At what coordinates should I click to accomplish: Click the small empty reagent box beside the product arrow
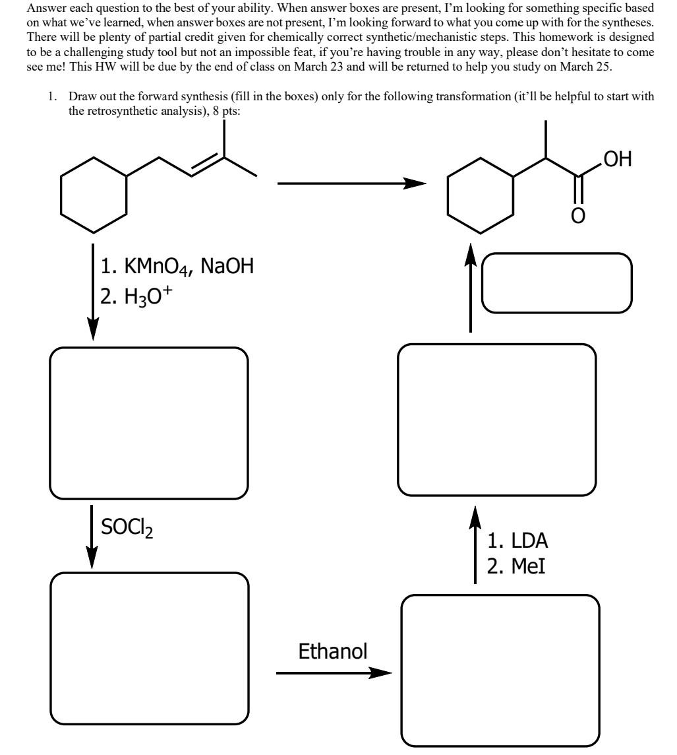point(557,283)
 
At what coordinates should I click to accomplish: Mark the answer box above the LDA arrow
point(497,420)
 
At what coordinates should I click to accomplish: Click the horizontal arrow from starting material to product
point(350,184)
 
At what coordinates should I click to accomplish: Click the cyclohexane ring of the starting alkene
point(93,195)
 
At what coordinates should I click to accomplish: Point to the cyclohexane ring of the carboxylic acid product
point(480,195)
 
